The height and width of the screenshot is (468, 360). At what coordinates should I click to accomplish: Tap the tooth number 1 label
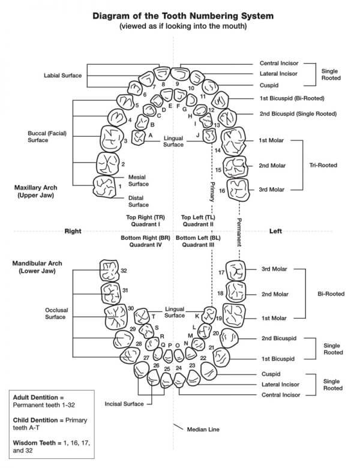[119, 186]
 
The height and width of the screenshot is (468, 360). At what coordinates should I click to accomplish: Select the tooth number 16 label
[221, 191]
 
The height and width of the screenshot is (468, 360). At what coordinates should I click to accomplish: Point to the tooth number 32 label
[124, 271]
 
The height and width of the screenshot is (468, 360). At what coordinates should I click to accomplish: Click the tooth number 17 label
[221, 272]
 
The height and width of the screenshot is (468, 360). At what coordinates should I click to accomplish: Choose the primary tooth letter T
[153, 316]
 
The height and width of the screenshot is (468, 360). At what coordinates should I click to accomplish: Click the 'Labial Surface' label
[62, 76]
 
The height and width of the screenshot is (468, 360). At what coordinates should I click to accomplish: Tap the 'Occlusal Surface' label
[55, 313]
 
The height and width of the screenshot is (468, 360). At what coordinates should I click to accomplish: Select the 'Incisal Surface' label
[125, 404]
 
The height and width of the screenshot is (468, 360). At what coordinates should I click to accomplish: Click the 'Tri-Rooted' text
[323, 165]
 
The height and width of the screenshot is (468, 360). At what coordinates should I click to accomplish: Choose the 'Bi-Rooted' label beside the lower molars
[331, 294]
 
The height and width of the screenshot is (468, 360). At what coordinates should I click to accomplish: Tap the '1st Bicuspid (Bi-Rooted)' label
[292, 98]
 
